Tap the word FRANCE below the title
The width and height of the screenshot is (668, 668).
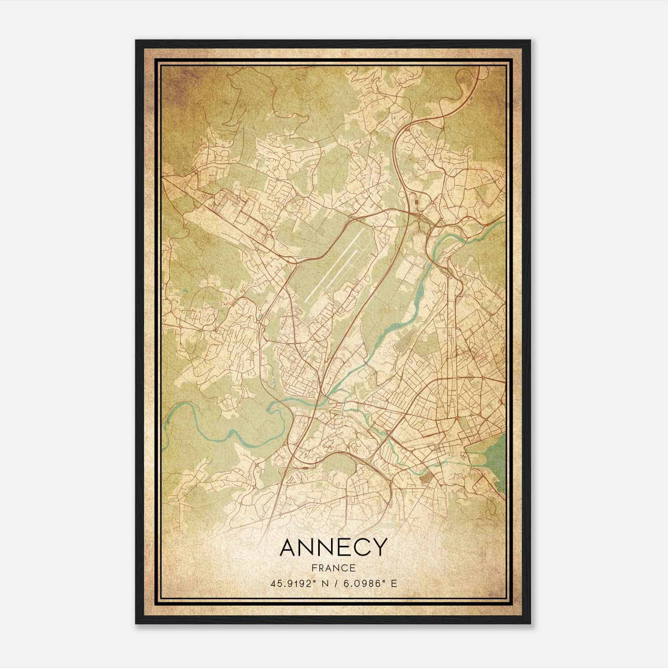333,568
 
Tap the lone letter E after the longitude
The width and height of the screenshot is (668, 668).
394,583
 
